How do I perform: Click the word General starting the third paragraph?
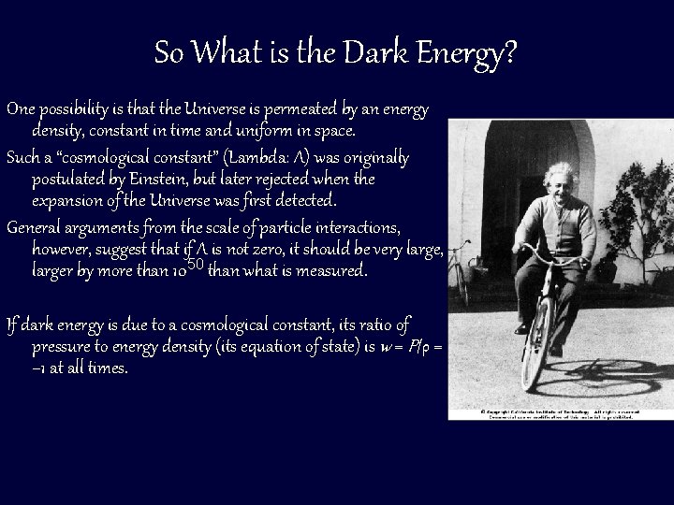37,228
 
